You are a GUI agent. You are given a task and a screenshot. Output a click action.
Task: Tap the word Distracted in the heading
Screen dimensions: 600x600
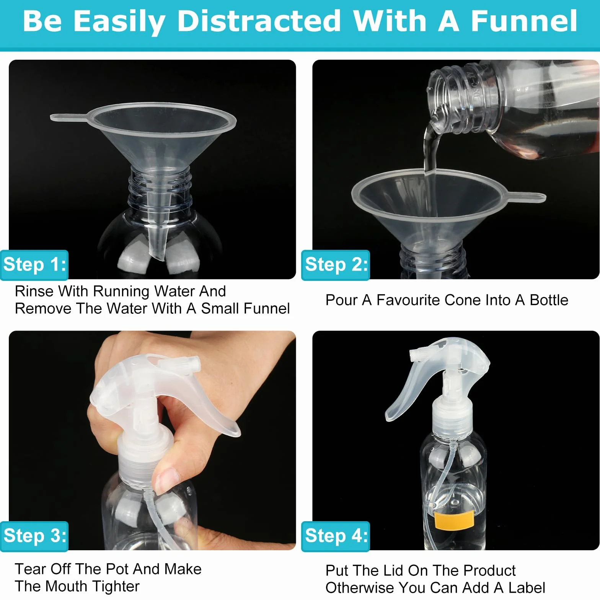(259, 21)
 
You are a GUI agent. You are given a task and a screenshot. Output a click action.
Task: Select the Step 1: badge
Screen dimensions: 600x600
(34, 265)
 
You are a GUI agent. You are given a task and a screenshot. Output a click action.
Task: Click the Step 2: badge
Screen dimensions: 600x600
(336, 265)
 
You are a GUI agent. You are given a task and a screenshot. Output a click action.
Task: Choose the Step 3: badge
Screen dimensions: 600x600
(34, 536)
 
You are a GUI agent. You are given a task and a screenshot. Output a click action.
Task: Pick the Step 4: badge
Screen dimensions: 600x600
(336, 536)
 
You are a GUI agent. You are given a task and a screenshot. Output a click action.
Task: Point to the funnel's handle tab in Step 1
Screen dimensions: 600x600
(69, 117)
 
